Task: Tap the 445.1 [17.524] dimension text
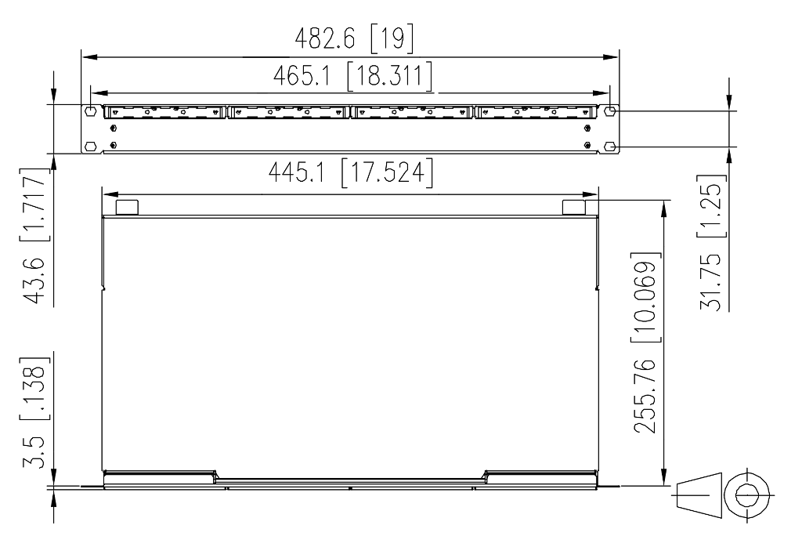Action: (350, 172)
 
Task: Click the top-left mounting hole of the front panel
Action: (91, 111)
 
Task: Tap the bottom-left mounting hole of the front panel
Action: (91, 146)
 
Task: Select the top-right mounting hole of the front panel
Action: (611, 111)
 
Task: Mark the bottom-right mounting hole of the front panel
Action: (611, 146)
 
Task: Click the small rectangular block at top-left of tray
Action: (127, 207)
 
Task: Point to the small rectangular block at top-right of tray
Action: (574, 207)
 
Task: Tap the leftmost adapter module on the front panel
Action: (165, 113)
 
